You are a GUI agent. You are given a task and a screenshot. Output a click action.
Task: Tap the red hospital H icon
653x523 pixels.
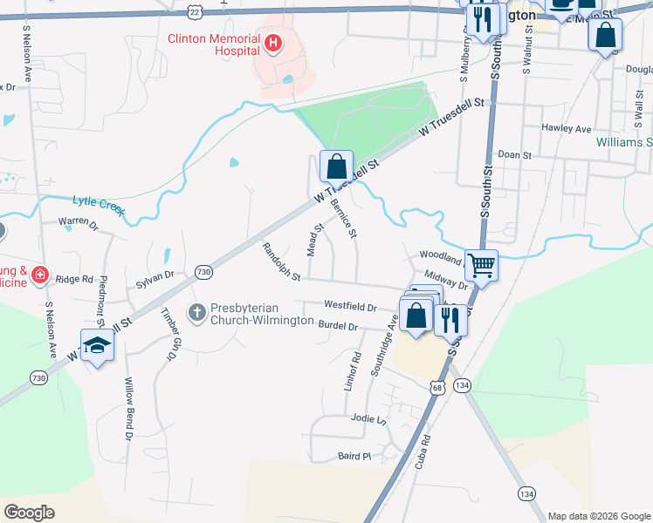(x=272, y=43)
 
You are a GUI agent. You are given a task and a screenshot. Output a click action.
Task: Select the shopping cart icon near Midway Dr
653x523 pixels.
(x=481, y=265)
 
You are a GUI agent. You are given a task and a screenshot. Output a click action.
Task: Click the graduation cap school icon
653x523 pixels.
(x=98, y=346)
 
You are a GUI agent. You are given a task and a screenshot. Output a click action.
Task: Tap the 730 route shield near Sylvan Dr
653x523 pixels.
(x=203, y=272)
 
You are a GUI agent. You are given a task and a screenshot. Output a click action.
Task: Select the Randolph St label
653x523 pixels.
(x=280, y=262)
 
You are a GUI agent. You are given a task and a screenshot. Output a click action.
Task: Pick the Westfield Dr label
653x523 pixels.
(x=349, y=307)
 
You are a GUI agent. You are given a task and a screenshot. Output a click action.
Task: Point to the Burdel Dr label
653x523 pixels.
(x=339, y=326)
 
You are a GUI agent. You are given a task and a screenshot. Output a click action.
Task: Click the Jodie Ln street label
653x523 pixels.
(x=368, y=418)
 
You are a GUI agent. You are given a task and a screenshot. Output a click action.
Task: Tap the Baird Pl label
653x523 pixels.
(x=354, y=456)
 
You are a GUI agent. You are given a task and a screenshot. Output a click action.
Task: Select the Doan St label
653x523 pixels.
(x=514, y=154)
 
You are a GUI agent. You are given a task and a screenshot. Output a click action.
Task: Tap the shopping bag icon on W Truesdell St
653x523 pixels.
(x=336, y=166)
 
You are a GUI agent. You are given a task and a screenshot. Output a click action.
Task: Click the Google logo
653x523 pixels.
(x=29, y=512)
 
